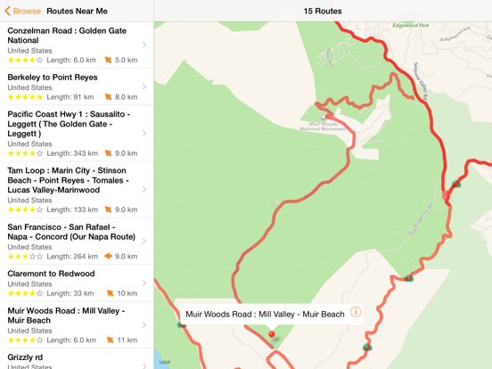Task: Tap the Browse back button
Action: click(22, 12)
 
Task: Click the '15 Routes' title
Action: click(322, 12)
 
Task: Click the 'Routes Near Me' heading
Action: click(77, 12)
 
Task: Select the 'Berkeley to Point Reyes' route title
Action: click(52, 77)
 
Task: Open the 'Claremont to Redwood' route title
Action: click(51, 274)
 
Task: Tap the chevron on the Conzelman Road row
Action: click(144, 45)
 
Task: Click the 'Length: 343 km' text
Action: click(72, 153)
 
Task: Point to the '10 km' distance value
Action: click(127, 293)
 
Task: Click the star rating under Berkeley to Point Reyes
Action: click(25, 97)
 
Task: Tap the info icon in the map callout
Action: click(356, 313)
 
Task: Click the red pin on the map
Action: click(272, 335)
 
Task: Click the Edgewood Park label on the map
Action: click(411, 25)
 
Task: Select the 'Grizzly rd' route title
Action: click(25, 357)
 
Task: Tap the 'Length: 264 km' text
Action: click(72, 256)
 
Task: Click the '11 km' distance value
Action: click(127, 340)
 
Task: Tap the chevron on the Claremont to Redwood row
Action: click(144, 283)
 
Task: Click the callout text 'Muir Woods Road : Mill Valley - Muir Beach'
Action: click(265, 314)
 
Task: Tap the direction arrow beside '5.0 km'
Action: click(109, 61)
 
